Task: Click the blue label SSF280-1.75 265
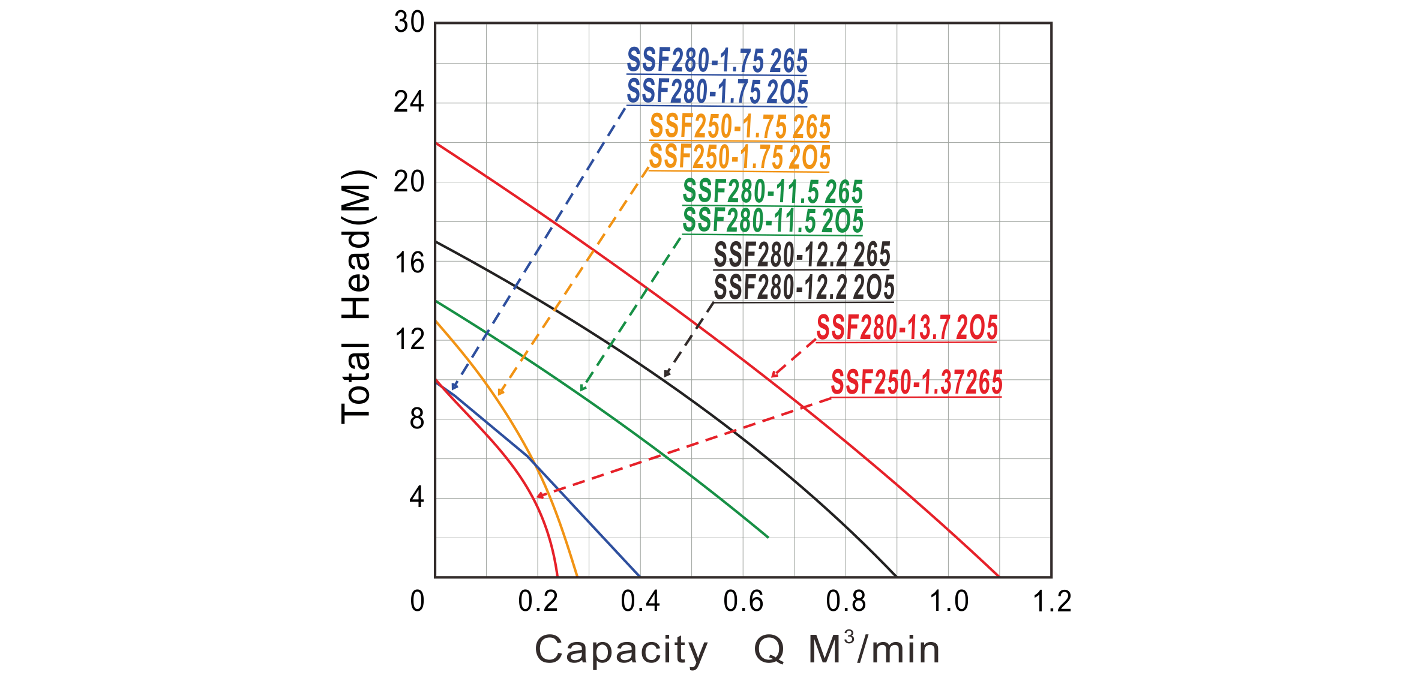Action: click(717, 61)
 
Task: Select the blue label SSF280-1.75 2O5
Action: click(717, 92)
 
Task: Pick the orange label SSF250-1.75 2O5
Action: click(739, 157)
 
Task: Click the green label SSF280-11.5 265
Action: click(773, 192)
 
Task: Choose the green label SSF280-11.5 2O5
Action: click(773, 221)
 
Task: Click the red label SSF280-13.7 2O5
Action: click(907, 329)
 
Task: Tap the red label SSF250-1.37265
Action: click(916, 383)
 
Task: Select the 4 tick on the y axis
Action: click(415, 499)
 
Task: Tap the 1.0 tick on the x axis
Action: click(948, 601)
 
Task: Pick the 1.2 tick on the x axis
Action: click(1051, 601)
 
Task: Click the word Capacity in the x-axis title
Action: click(620, 650)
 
